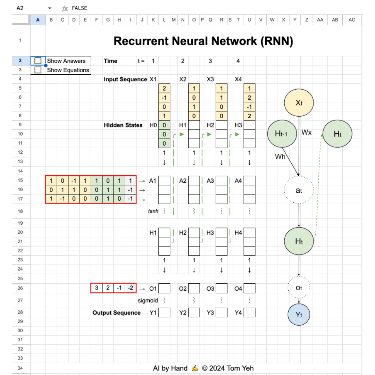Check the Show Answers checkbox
coord(38,61)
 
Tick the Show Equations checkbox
coord(38,70)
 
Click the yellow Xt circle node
coord(299,103)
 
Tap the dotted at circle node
coord(299,190)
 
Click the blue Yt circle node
coord(299,315)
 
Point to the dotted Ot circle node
coord(299,288)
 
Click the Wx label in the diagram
coord(307,132)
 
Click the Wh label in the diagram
coord(280,157)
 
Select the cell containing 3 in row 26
coord(97,288)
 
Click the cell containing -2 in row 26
coord(130,288)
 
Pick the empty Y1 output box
coord(164,312)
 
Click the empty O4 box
coord(249,288)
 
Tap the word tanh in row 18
coord(153,211)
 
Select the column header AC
coord(352,20)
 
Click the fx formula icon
coord(65,8)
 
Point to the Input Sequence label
coord(125,80)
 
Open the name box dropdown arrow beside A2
coord(50,8)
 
